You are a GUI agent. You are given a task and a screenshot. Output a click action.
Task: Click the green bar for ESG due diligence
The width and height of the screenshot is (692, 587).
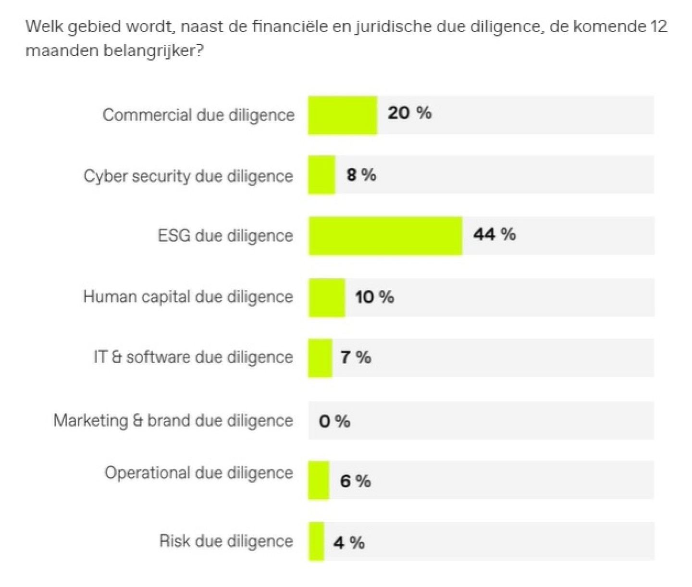[385, 235]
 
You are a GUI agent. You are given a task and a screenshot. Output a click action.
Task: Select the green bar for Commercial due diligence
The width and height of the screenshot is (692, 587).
[343, 115]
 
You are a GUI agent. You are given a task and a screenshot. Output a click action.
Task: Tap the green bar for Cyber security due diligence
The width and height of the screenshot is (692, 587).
[321, 175]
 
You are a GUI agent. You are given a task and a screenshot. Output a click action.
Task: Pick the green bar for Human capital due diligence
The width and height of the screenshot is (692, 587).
[327, 297]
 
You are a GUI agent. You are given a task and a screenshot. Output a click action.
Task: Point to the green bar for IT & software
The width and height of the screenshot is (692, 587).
[320, 358]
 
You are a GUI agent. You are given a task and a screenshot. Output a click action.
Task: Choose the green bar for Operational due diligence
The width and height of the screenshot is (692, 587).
[319, 480]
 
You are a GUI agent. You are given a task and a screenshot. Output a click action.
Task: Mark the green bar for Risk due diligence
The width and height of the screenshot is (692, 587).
[316, 541]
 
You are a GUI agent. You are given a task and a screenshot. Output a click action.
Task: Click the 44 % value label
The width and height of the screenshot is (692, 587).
[494, 234]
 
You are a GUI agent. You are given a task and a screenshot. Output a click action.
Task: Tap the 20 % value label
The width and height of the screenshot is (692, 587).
[409, 113]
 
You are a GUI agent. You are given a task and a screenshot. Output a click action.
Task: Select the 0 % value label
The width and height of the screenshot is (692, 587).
[334, 421]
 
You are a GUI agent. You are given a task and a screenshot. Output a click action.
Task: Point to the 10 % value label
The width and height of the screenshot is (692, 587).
[374, 297]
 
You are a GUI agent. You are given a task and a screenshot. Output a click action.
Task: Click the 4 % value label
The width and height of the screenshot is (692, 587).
[349, 543]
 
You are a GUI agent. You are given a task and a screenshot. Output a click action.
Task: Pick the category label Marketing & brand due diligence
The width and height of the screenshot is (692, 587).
[173, 420]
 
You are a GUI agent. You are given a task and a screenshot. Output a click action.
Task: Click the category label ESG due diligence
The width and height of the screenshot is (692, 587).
[225, 235]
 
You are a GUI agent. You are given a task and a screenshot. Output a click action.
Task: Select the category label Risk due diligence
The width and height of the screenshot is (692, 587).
[226, 541]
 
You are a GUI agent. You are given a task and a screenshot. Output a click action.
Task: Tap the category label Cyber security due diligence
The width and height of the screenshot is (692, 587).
[188, 176]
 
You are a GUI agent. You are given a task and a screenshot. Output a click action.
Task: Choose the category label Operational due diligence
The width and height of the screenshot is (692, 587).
[198, 473]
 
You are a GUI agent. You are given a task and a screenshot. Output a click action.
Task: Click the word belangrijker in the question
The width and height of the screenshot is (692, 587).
[153, 50]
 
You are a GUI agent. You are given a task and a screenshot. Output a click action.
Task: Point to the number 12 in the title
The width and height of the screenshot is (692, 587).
[659, 26]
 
